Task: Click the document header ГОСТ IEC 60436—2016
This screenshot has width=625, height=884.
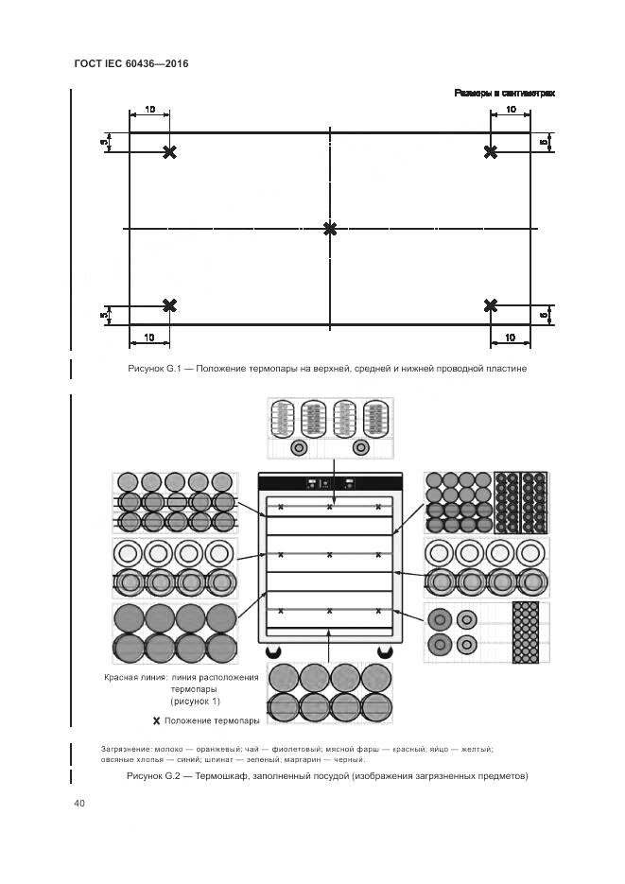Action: tap(130, 63)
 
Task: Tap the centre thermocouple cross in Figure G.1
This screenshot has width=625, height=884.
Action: tap(330, 229)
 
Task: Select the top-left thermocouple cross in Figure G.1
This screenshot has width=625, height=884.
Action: tap(169, 152)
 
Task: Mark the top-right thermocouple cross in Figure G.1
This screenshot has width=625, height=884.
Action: tap(490, 152)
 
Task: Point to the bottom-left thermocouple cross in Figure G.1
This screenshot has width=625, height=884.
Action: tap(169, 304)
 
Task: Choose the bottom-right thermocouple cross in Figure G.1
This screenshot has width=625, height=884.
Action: tap(490, 304)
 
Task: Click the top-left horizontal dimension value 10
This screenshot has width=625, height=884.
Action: tap(149, 111)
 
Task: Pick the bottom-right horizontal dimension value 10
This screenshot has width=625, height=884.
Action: tap(510, 338)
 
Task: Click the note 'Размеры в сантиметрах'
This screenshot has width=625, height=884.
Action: tap(503, 93)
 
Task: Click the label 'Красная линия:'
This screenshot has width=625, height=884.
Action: tap(135, 678)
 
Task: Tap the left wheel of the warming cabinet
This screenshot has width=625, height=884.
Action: tap(274, 651)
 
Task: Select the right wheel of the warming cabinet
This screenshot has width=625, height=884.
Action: tap(385, 651)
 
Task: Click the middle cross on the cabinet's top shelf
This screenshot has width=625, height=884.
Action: tap(329, 508)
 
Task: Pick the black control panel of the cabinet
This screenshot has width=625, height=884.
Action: tap(329, 482)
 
